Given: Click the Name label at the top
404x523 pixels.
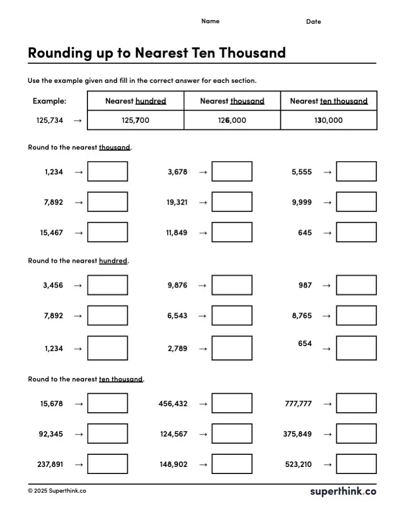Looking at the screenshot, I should pyautogui.click(x=210, y=21).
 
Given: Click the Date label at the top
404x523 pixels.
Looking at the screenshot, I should pyautogui.click(x=313, y=22).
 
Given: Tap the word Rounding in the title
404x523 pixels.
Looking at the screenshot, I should pyautogui.click(x=60, y=53).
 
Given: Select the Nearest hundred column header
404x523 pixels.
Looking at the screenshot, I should pyautogui.click(x=135, y=101).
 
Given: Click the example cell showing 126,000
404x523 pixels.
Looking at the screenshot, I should pyautogui.click(x=232, y=120).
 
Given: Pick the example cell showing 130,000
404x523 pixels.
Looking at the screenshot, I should pyautogui.click(x=328, y=120).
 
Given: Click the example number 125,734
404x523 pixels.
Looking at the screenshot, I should pyautogui.click(x=49, y=120).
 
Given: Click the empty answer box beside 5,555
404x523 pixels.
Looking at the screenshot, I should pyautogui.click(x=356, y=171).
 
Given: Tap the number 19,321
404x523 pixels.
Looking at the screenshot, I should pyautogui.click(x=177, y=202).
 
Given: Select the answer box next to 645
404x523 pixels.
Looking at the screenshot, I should pyautogui.click(x=356, y=232).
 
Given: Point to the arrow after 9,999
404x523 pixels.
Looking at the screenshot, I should pyautogui.click(x=327, y=202).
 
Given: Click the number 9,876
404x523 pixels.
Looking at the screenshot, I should pyautogui.click(x=177, y=285).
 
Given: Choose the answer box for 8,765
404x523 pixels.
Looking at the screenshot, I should pyautogui.click(x=356, y=315).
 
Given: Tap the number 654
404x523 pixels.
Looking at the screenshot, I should pyautogui.click(x=305, y=344).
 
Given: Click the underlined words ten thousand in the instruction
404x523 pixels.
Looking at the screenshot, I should pyautogui.click(x=121, y=379).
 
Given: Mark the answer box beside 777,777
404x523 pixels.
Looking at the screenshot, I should pyautogui.click(x=356, y=403).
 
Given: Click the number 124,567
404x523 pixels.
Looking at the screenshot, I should pyautogui.click(x=174, y=434).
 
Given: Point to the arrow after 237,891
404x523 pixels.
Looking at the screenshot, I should pyautogui.click(x=78, y=464).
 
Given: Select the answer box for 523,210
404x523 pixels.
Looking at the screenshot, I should pyautogui.click(x=356, y=464).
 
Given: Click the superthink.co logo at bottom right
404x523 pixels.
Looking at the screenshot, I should pyautogui.click(x=343, y=491).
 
